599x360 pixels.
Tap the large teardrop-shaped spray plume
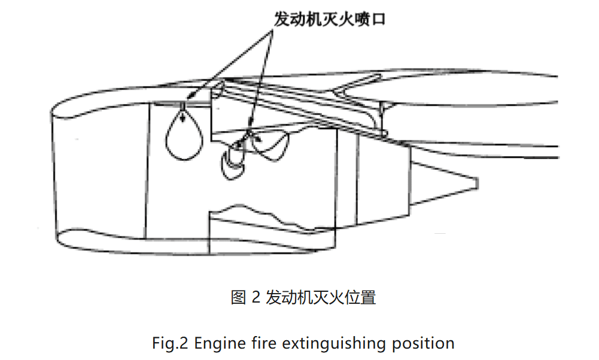pyautogui.click(x=184, y=138)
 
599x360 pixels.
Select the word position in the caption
pyautogui.click(x=422, y=344)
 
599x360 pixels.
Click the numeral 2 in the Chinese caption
pyautogui.click(x=255, y=297)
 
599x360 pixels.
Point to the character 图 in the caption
pyautogui.click(x=239, y=297)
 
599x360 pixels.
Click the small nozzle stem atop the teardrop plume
pyautogui.click(x=183, y=108)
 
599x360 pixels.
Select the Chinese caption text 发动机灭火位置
pyautogui.click(x=320, y=297)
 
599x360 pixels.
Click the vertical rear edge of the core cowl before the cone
pyautogui.click(x=409, y=179)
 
